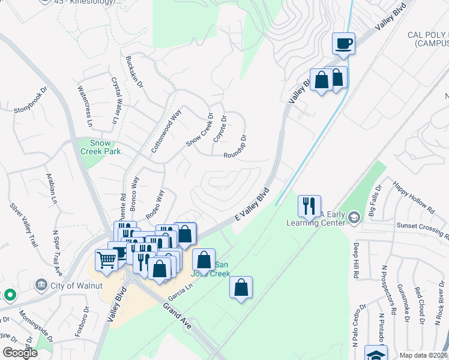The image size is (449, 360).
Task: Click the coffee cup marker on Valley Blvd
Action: click(x=343, y=43)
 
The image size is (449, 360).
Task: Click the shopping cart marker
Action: click(x=106, y=260)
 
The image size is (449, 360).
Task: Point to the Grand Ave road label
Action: click(x=178, y=315)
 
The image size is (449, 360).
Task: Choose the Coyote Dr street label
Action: click(x=220, y=129)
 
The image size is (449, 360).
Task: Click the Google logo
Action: click(x=20, y=353)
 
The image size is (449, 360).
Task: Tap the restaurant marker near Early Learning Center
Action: click(x=309, y=206)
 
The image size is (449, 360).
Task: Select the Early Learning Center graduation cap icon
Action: click(x=354, y=217)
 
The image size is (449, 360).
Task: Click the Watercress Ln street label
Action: click(x=85, y=106)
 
